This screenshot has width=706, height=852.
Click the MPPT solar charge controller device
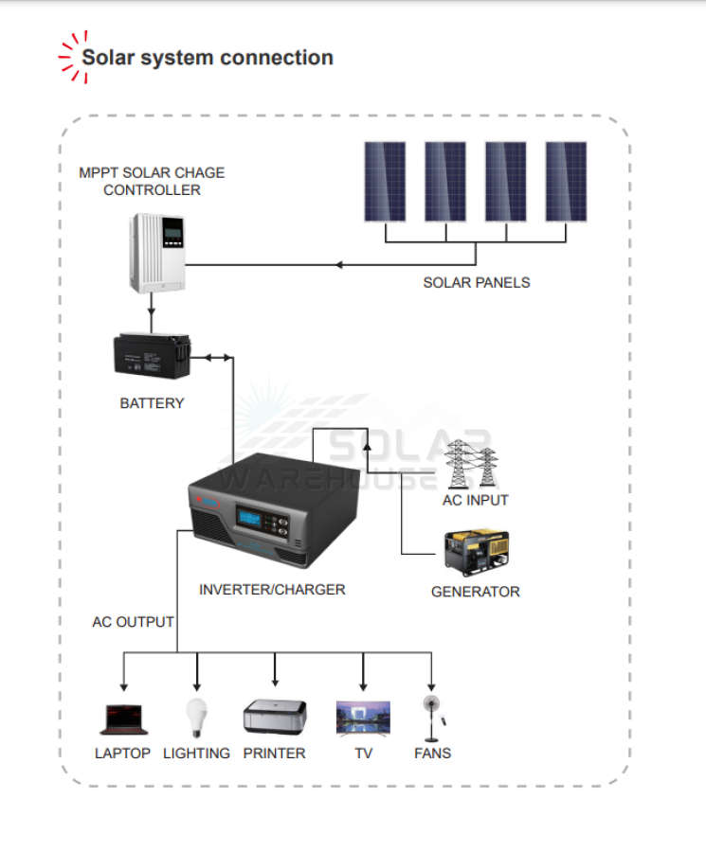pos(157,253)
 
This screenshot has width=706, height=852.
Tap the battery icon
pos(152,357)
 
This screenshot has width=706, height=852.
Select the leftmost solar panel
pos(385,181)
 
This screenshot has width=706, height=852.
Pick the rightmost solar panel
pos(566,181)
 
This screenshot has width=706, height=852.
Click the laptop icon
pos(123,719)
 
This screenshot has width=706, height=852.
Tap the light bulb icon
pos(195,718)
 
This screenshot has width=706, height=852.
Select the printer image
pos(274,717)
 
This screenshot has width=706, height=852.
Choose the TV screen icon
pos(363,718)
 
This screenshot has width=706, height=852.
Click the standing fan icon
pos(433,719)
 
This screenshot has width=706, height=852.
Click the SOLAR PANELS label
pos(477,282)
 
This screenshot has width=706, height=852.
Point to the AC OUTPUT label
pos(133,622)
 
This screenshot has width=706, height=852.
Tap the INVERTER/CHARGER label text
pos(272,589)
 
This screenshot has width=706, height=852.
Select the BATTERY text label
pos(152,403)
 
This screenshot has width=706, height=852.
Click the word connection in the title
pos(276,58)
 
